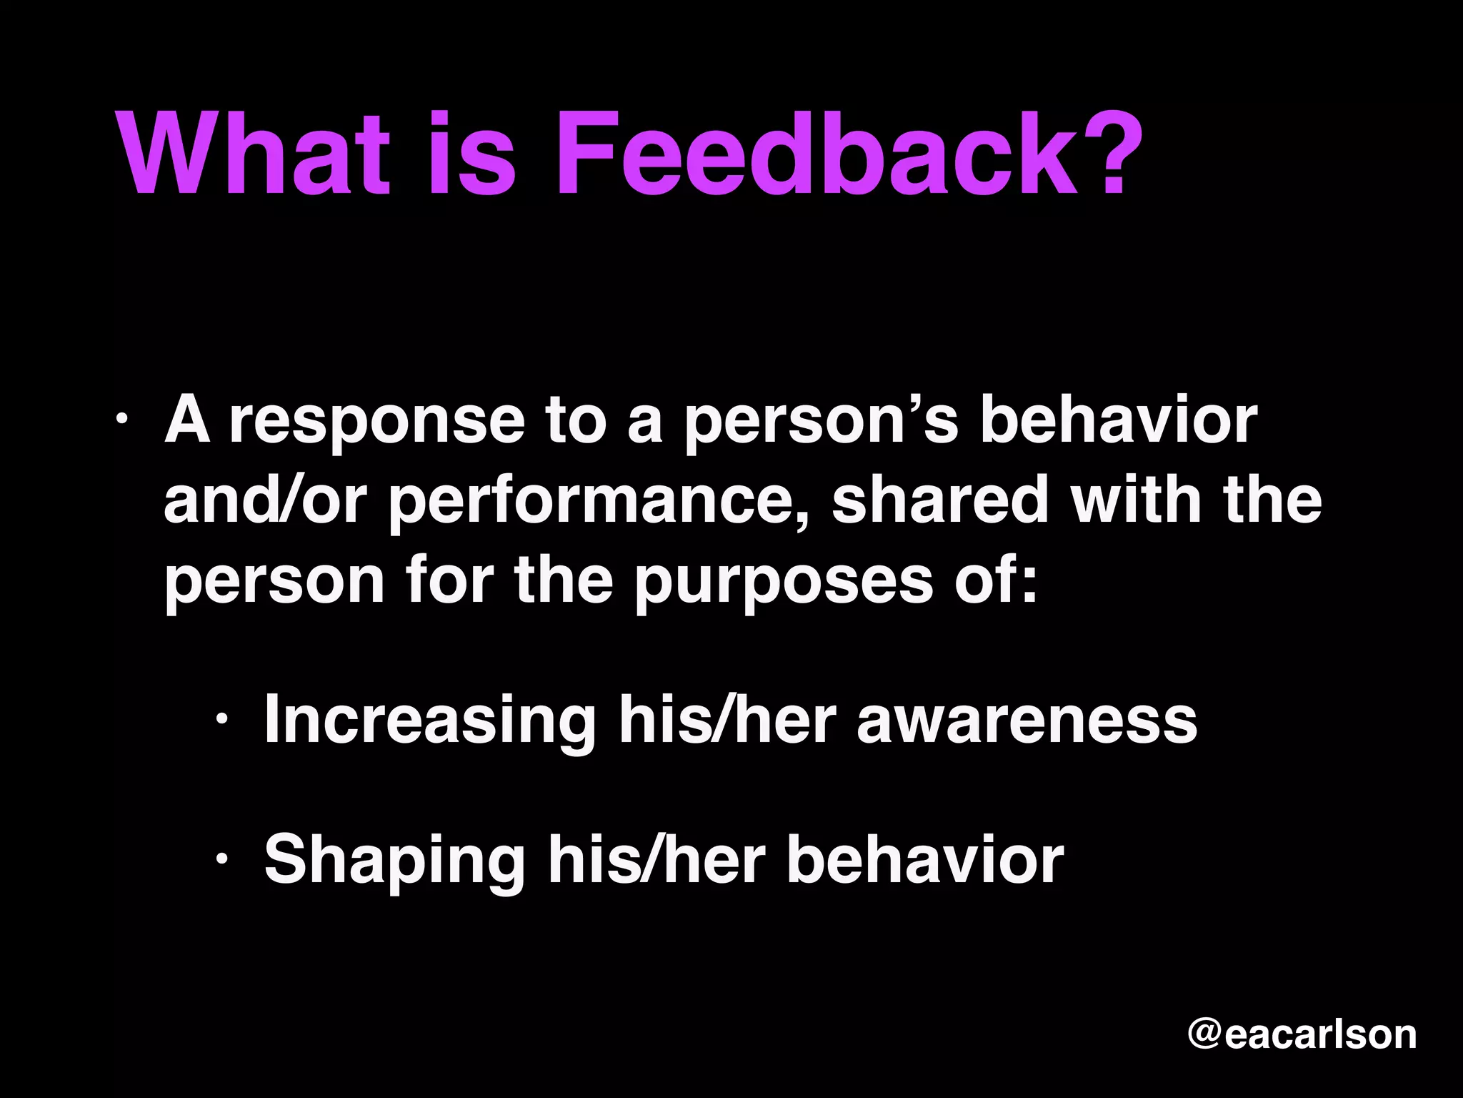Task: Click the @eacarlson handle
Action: point(1302,1034)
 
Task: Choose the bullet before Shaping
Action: point(222,857)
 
